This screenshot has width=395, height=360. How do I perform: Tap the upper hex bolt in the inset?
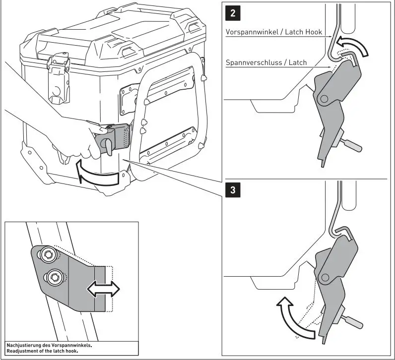point(49,256)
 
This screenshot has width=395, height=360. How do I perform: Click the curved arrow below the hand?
point(97,174)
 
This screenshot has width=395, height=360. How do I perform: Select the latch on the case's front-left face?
point(59,82)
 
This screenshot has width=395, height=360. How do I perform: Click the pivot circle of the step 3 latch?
point(327,276)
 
